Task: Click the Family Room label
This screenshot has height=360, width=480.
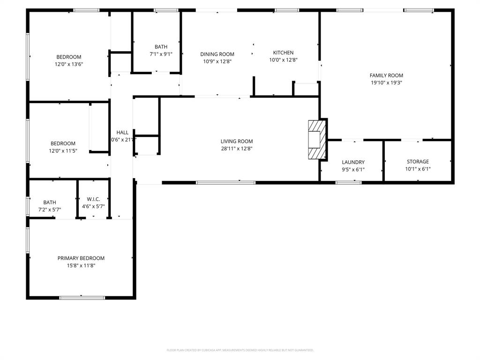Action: [x=386, y=75]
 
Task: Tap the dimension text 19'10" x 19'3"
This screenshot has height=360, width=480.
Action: [x=386, y=82]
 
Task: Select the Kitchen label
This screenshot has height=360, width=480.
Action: [x=283, y=53]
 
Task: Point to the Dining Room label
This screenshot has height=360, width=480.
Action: [x=217, y=54]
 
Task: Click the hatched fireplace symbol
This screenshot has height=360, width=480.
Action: [x=316, y=140]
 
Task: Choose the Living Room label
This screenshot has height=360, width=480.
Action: [x=237, y=142]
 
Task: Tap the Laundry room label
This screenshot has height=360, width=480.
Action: [x=353, y=163]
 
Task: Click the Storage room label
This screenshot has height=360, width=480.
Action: [x=417, y=162]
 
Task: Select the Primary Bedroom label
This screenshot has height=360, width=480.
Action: [x=81, y=258]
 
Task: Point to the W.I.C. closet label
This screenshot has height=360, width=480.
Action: [x=93, y=199]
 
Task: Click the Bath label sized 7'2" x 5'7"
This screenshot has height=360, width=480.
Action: [x=50, y=202]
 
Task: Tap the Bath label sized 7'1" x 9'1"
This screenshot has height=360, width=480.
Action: [x=161, y=47]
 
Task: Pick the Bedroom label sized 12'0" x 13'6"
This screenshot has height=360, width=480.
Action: [x=69, y=57]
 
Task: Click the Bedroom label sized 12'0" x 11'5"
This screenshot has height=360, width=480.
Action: [x=63, y=144]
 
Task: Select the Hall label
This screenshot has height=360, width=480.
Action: [x=122, y=133]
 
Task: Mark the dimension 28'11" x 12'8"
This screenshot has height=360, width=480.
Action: [x=237, y=149]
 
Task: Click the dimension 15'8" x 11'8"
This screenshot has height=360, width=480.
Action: [x=81, y=265]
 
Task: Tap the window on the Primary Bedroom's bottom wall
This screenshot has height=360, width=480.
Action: [x=82, y=297]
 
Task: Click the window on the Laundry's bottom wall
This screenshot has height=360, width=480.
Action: [x=348, y=182]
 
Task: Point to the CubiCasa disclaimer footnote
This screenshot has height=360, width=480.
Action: [x=240, y=350]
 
